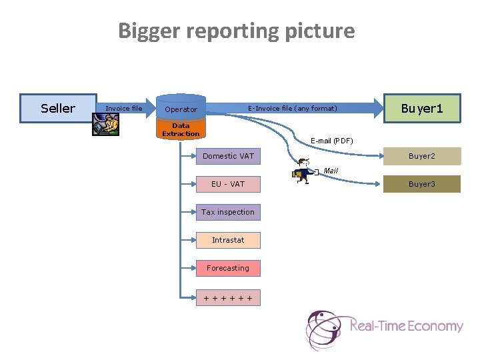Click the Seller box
pos(58,109)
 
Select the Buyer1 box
pos(422,108)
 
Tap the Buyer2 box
pos(421,156)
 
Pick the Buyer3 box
pos(421,184)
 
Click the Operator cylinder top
pos(181,109)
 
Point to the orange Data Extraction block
pos(181,129)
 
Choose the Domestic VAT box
pos(228,156)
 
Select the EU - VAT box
pos(228,184)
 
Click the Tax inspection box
pos(228,212)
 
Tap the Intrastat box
pos(228,240)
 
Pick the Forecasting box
pos(228,268)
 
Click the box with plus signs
pos(228,298)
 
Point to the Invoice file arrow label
pos(124,109)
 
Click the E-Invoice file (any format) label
pos(293,109)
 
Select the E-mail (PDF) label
pos(332,141)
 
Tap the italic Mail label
pos(331,171)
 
